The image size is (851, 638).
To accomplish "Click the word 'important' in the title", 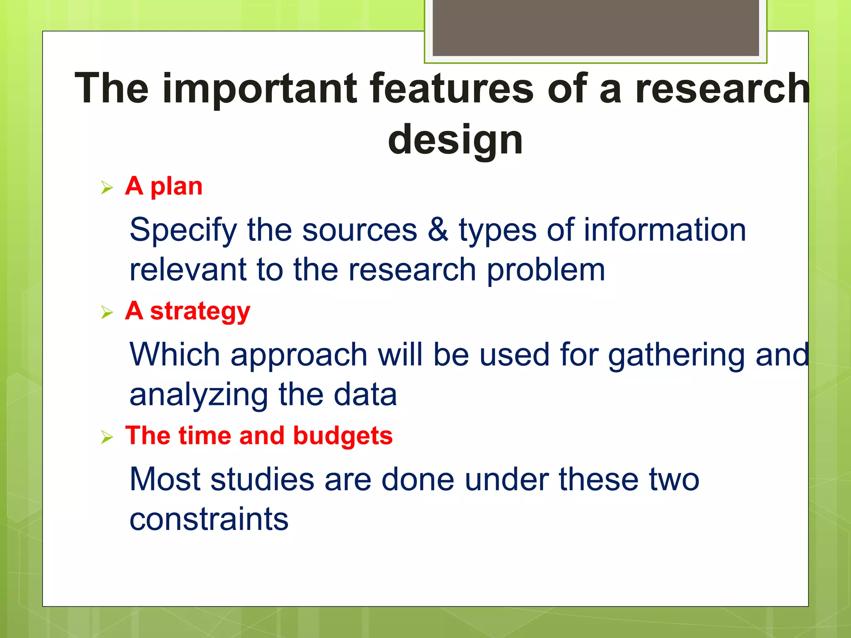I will click(x=259, y=88).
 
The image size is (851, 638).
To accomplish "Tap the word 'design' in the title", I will click(x=455, y=140).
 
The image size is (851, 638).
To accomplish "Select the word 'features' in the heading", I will click(x=452, y=88).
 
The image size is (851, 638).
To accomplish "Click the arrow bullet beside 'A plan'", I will click(x=107, y=188).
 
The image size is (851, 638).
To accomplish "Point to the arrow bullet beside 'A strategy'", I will click(x=107, y=312).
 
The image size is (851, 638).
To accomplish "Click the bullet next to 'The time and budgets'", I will click(x=107, y=437).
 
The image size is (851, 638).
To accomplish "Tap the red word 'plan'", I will click(x=176, y=187).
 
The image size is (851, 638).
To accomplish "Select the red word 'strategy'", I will click(x=200, y=312).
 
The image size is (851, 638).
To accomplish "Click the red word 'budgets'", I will click(x=343, y=436).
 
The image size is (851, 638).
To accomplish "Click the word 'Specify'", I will click(x=183, y=231).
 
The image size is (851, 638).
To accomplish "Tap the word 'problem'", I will click(x=546, y=270).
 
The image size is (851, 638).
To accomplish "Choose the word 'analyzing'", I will click(x=199, y=395).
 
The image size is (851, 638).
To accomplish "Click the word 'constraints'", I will click(x=209, y=519).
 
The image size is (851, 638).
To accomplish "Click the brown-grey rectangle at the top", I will click(x=595, y=27).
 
